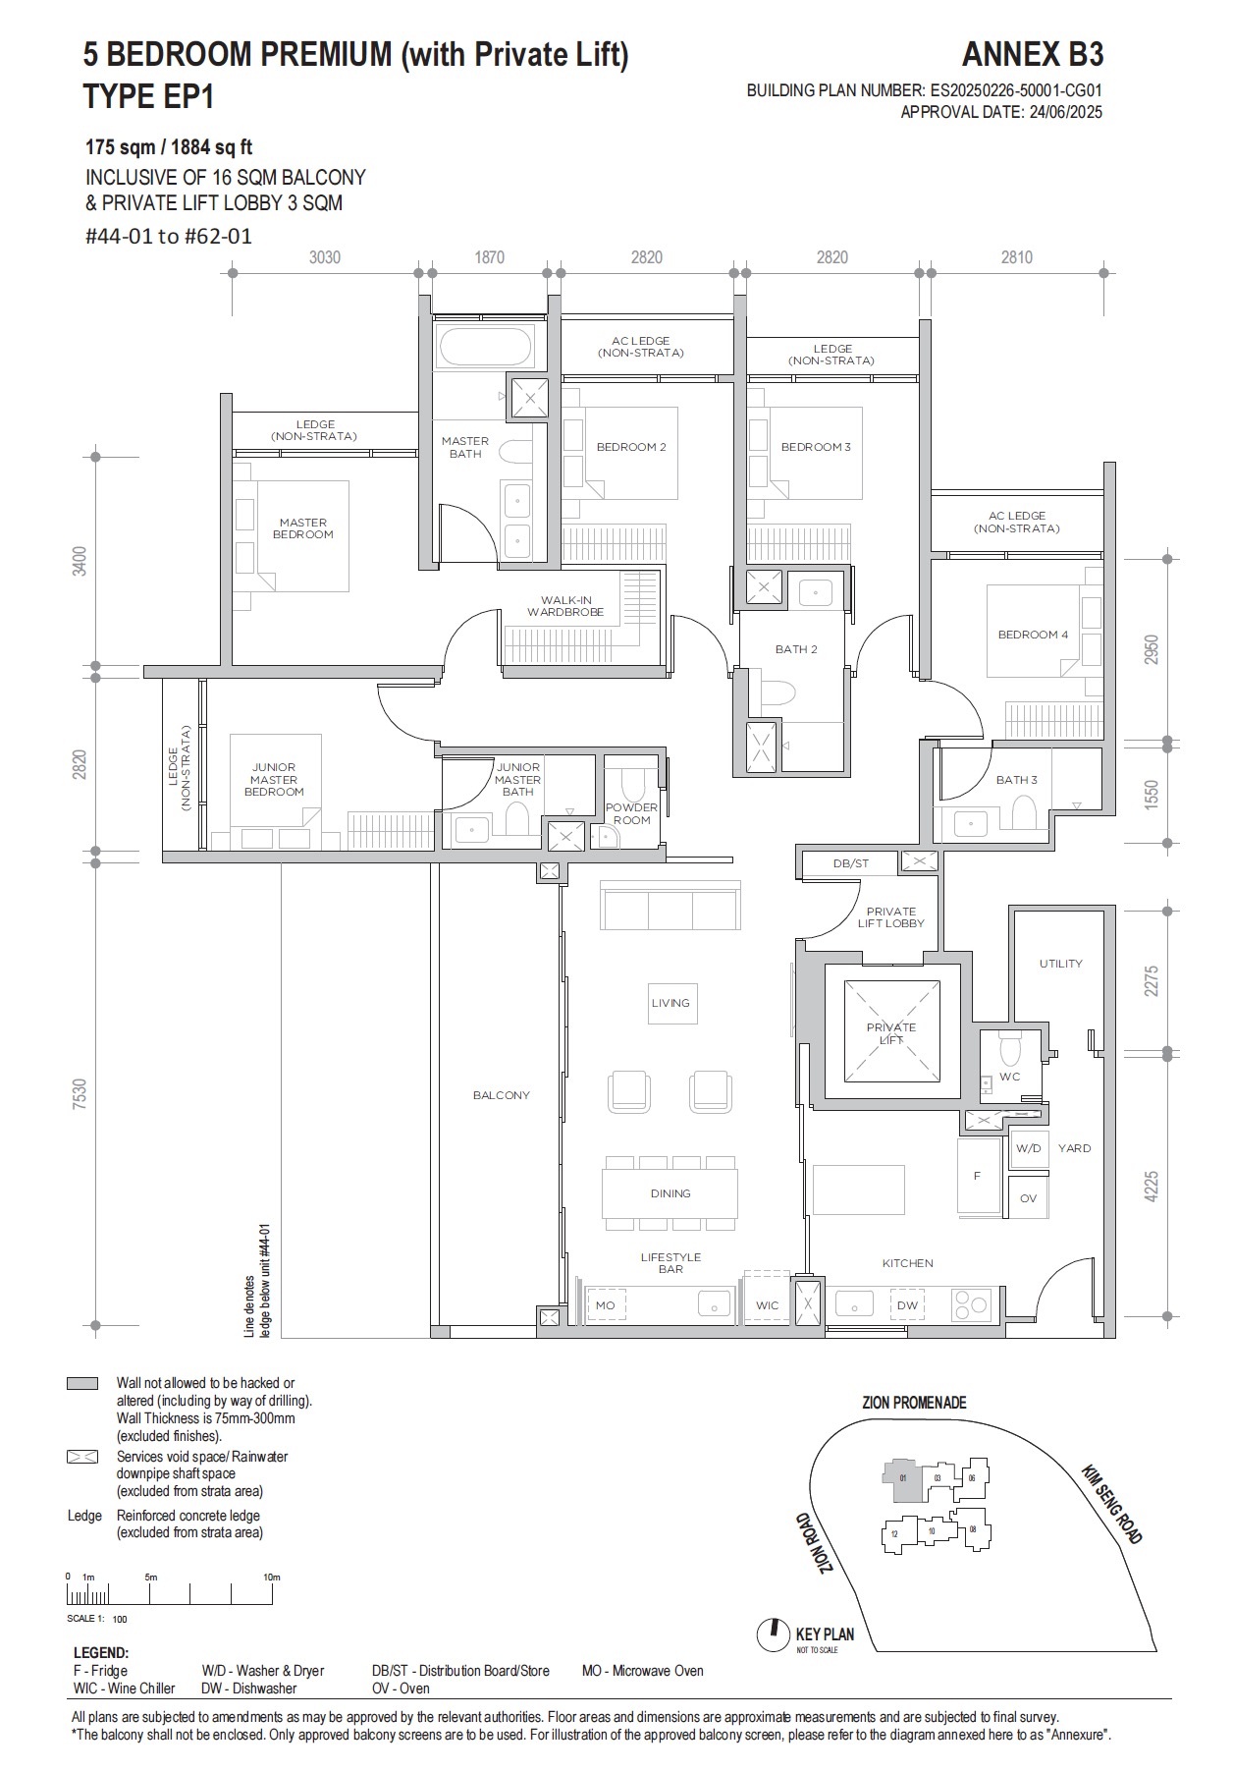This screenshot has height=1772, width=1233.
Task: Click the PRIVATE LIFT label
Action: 890,1033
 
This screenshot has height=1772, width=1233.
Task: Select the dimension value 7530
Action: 80,1094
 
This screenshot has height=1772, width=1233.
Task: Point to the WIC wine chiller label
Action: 767,1305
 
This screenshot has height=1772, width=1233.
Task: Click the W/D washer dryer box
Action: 1028,1148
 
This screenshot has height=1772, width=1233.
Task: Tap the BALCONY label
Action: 501,1095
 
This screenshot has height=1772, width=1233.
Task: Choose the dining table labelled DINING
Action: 670,1193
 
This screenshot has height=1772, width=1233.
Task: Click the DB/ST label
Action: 850,863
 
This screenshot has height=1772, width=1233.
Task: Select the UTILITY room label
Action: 1060,964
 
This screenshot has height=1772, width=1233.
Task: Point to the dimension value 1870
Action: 489,257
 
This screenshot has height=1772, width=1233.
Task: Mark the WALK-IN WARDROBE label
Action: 564,606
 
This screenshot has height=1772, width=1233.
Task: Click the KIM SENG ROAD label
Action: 1111,1504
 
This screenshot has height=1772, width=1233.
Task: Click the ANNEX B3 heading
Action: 1032,53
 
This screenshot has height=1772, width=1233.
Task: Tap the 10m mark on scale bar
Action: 272,1578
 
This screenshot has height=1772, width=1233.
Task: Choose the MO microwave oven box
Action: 605,1305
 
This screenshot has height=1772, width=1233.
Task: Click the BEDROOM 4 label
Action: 1033,635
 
